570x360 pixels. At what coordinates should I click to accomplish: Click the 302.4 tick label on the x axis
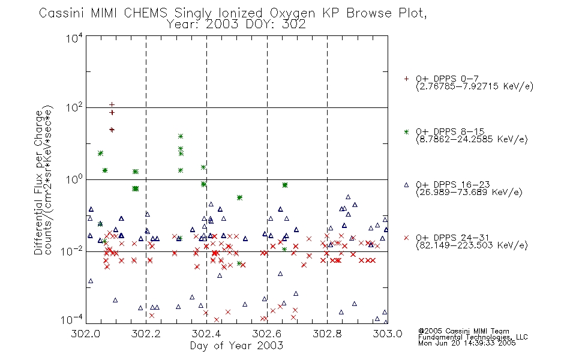[206, 334]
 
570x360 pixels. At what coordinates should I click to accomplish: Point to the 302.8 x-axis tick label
[327, 334]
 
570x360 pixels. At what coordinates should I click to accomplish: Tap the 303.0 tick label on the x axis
[388, 334]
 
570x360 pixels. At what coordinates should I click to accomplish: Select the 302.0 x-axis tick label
[86, 334]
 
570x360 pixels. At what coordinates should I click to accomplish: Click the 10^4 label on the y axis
[74, 38]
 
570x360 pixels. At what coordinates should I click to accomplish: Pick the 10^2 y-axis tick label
[74, 107]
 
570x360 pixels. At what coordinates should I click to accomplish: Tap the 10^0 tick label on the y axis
[74, 179]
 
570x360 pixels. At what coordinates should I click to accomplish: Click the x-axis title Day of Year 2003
[236, 346]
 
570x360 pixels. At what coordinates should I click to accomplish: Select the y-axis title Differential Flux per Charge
[38, 182]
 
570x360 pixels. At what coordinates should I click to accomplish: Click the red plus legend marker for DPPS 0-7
[406, 79]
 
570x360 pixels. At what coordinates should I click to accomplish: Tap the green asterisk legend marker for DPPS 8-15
[406, 131]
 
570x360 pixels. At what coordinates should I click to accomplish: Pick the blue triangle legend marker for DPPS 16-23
[406, 185]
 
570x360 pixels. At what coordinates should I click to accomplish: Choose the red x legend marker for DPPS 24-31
[406, 238]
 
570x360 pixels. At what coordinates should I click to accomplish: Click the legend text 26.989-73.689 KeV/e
[469, 192]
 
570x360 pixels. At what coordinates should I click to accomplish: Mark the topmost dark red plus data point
[112, 105]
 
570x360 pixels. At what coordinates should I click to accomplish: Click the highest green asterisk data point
[181, 136]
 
